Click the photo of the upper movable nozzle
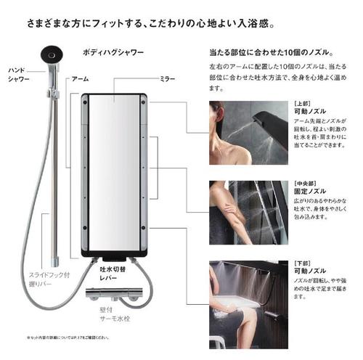(248, 134)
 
